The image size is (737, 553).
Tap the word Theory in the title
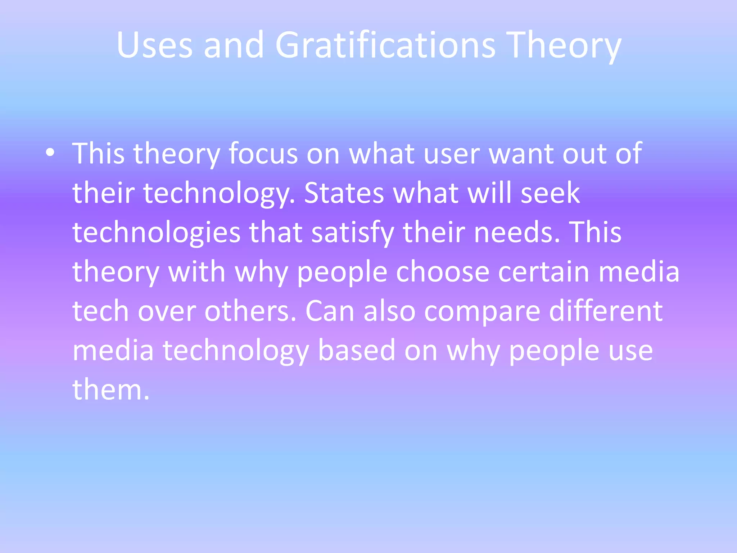565,46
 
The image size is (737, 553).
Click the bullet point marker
50,153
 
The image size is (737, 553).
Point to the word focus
263,154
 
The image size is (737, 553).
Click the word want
521,154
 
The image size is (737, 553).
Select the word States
344,193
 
